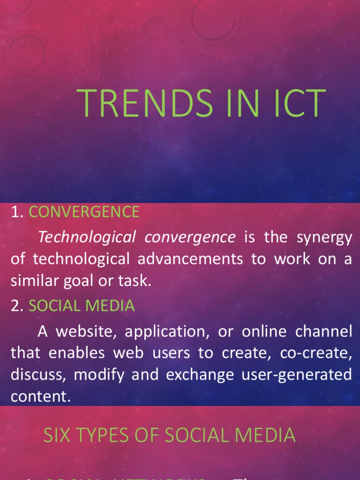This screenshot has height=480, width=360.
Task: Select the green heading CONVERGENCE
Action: tap(84, 212)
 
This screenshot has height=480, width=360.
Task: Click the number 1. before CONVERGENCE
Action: tap(17, 212)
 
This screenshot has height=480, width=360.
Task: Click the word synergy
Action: tap(324, 238)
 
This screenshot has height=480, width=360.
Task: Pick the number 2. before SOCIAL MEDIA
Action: tap(17, 306)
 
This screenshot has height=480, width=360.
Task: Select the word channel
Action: tap(323, 331)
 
